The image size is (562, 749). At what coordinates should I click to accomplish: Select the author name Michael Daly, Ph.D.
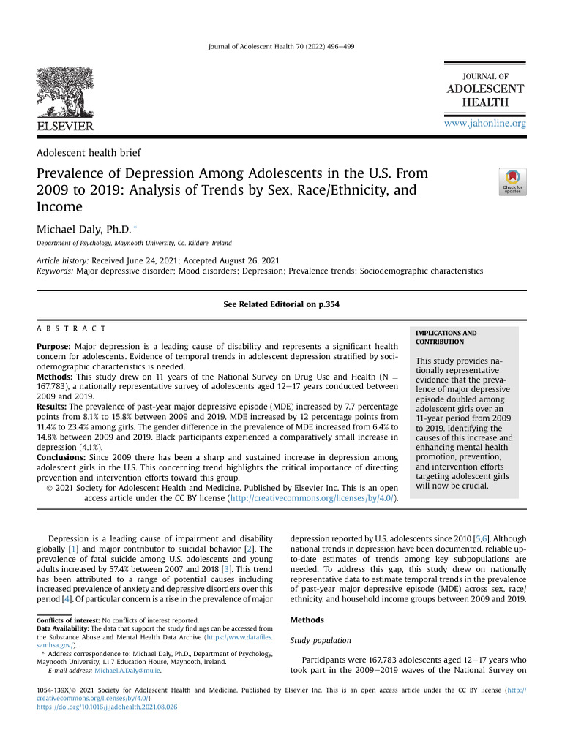point(80,230)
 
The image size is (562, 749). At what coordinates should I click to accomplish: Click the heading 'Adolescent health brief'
point(89,152)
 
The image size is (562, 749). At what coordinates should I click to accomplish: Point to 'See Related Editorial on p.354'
point(281,304)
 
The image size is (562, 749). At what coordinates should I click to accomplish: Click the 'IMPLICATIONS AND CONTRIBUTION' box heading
point(446,337)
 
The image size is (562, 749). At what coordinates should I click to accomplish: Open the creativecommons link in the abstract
point(312,498)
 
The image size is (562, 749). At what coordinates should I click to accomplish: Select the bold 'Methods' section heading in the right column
point(307,620)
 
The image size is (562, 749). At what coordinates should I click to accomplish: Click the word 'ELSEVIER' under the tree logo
point(65,126)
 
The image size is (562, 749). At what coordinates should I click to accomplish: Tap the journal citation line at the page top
point(281,46)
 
